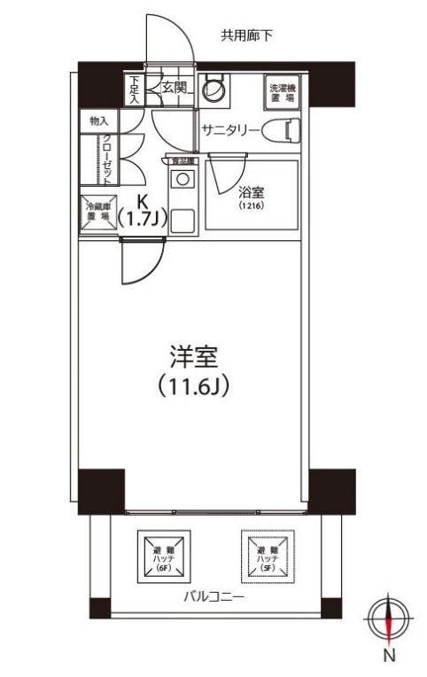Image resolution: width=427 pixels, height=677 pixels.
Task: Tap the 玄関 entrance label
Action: pyautogui.click(x=175, y=88)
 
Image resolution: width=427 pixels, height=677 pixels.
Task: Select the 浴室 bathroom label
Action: pyautogui.click(x=249, y=191)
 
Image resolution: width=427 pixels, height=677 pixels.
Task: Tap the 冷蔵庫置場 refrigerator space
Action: pyautogui.click(x=97, y=210)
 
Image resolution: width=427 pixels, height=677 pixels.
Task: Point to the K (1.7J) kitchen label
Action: pyautogui.click(x=141, y=210)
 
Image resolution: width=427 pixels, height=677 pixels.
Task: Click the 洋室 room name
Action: pyautogui.click(x=194, y=357)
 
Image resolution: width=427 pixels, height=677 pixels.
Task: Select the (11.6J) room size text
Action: pyautogui.click(x=194, y=389)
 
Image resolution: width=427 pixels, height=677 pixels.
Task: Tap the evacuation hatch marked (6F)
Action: pyautogui.click(x=162, y=556)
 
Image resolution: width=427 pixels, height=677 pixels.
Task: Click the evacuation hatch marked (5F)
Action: pyautogui.click(x=268, y=556)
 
